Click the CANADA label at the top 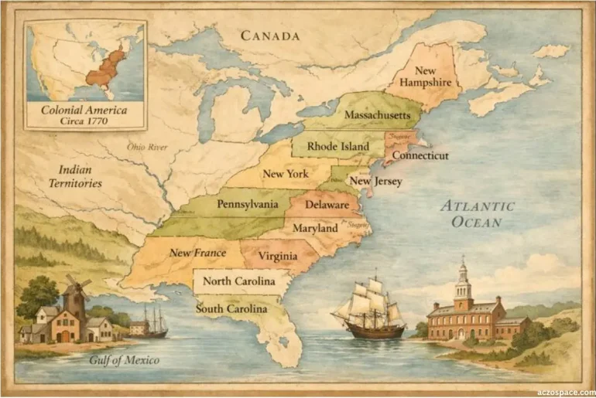click(269, 36)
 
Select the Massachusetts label click(377, 115)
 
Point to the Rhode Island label click(338, 145)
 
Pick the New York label click(285, 174)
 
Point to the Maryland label click(314, 229)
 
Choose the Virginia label click(277, 255)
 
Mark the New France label click(197, 253)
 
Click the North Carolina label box click(238, 281)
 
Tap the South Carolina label click(231, 308)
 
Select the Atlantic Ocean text click(477, 214)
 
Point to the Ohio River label click(148, 147)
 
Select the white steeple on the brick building click(463, 278)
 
